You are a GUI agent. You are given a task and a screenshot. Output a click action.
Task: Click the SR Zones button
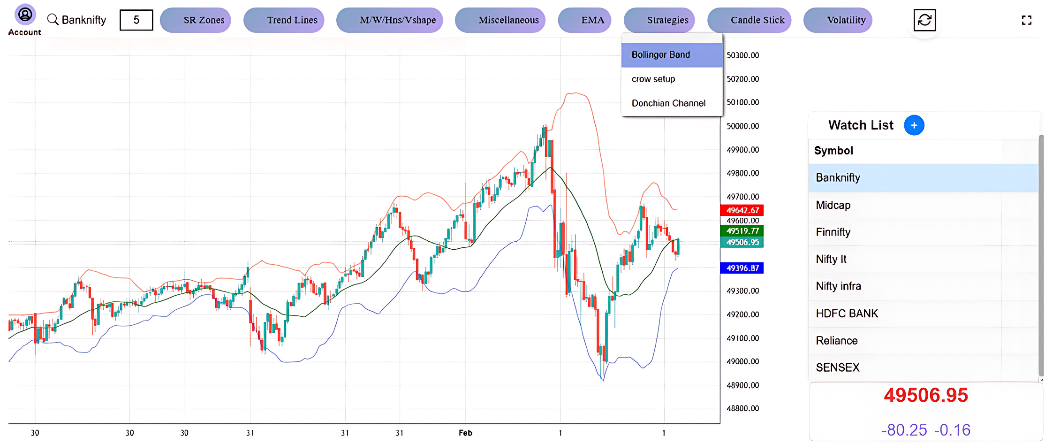coord(196,20)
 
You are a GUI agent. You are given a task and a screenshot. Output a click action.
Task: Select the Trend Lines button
coord(284,20)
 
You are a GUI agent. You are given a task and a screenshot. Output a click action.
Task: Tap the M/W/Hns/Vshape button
coord(390,20)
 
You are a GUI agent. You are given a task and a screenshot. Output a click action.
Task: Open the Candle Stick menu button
coord(749,20)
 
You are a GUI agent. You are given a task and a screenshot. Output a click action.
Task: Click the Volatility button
coord(838,20)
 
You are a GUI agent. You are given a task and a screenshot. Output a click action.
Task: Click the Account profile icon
coord(25,15)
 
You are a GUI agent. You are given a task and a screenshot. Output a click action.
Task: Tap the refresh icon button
coord(924,20)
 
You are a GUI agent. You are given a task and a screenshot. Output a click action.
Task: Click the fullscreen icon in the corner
coord(1026,20)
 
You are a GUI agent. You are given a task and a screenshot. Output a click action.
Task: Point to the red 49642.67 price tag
coord(742,210)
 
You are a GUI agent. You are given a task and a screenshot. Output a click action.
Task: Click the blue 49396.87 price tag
coord(742,268)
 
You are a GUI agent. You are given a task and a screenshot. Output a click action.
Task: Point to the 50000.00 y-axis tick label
coord(742,126)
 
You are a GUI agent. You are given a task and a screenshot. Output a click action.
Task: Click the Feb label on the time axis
coord(465,433)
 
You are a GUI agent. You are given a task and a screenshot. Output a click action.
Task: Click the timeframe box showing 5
coord(136,20)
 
